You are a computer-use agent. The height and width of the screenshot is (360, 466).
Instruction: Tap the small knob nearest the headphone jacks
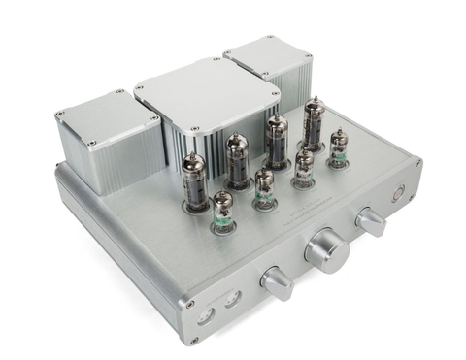(x=277, y=283)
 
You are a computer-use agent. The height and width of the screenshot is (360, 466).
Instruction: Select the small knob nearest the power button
(x=371, y=221)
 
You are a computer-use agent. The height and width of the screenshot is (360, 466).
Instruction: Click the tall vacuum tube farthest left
(x=194, y=180)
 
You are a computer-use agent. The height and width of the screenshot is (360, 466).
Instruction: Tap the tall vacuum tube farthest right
(x=315, y=122)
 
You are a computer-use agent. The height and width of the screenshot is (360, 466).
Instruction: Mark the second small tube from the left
(x=264, y=188)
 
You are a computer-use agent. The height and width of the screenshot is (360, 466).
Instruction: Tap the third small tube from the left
(x=304, y=168)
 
